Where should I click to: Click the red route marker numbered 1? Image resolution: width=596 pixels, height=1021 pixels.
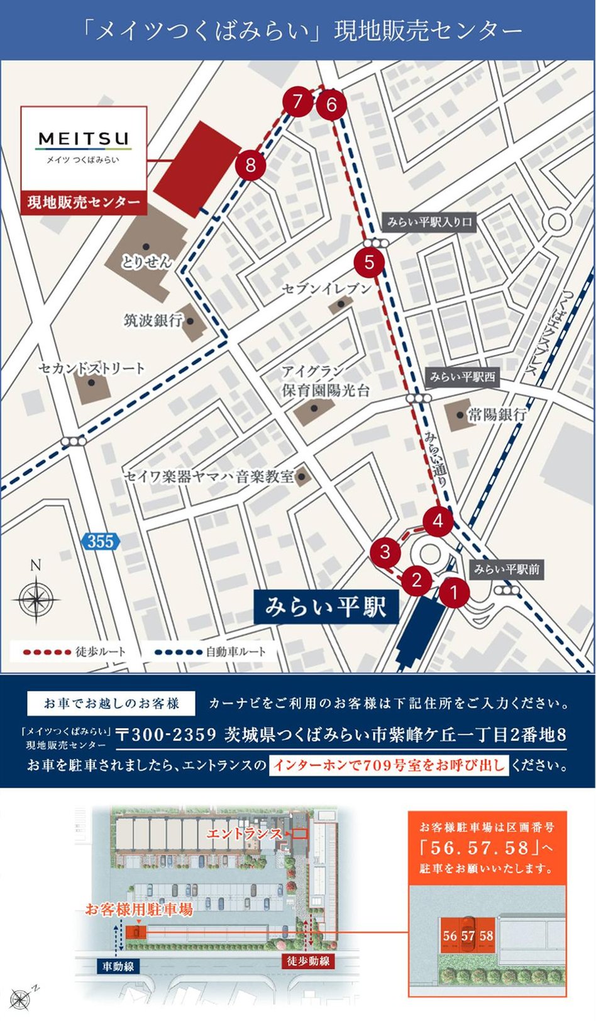453,592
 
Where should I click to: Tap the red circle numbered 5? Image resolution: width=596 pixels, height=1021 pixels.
369,262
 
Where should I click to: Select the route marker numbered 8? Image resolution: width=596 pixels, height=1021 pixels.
251,165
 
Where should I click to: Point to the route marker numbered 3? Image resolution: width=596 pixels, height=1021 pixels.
385,552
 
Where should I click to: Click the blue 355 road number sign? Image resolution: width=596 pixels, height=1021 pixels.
100,541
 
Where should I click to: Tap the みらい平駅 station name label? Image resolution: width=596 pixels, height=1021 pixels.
325,608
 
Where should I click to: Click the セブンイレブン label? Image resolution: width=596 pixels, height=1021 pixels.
326,289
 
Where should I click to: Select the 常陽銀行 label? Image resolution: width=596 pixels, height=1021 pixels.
497,415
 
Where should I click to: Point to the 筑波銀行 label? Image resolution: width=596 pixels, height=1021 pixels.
153,320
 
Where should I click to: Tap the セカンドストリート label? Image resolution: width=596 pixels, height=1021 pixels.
92,368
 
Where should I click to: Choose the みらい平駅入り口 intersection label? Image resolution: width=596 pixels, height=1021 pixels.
429,222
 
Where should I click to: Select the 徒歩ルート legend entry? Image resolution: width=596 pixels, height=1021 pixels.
74,652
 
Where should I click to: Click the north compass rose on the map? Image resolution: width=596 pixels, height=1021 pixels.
36,598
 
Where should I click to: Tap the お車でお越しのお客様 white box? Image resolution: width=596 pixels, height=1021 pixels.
111,703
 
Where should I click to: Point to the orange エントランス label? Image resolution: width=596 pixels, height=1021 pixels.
245,834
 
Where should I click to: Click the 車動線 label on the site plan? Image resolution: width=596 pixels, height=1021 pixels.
118,966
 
